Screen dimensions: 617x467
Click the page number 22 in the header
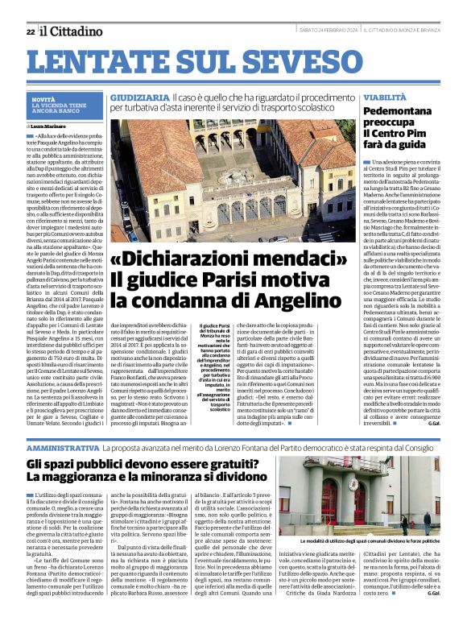tap(30, 31)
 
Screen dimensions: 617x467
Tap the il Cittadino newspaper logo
tap(72, 31)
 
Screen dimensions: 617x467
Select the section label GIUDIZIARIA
tap(137, 97)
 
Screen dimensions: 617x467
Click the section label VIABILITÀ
tap(385, 97)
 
